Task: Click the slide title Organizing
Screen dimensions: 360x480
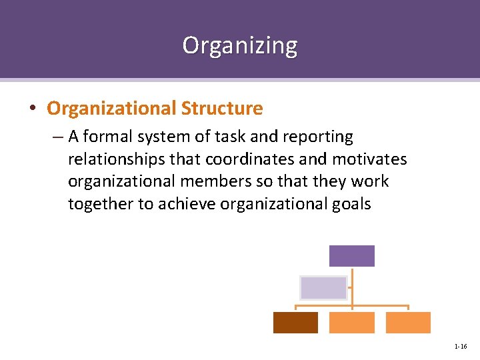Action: [x=240, y=45]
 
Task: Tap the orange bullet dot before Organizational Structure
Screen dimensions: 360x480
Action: [x=33, y=109]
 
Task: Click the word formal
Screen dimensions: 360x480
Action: [x=107, y=137]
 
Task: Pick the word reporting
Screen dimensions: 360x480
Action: [x=319, y=137]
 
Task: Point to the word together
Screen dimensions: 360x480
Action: [x=101, y=205]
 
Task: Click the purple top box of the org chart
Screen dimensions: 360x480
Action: [x=352, y=256]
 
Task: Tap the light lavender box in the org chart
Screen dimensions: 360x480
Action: [x=323, y=287]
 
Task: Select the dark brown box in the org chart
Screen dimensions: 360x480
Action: [x=295, y=322]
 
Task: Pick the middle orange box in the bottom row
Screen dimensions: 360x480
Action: [x=352, y=322]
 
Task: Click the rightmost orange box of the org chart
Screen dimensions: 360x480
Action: [x=408, y=322]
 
